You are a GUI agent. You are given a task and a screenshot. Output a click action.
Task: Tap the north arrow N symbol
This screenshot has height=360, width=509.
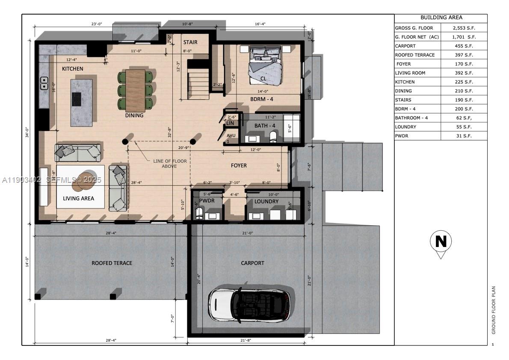pos(441,242)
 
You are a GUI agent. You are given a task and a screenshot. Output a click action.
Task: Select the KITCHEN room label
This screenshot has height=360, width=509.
pos(72,68)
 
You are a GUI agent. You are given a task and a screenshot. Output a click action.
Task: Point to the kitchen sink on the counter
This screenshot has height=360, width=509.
pos(43,83)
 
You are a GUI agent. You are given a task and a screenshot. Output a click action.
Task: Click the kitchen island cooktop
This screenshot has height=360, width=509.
pos(76,99)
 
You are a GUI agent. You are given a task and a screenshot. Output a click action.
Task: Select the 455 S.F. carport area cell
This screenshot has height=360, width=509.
pos(464,46)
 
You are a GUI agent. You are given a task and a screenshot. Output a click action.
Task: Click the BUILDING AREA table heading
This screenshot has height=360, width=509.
pos(441,18)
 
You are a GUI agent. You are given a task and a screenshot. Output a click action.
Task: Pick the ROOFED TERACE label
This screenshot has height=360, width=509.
pos(112,263)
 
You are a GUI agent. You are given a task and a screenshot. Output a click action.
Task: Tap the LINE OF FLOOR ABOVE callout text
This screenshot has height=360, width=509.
pos(169,164)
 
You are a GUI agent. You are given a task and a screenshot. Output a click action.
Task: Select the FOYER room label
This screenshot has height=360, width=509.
pos(239,165)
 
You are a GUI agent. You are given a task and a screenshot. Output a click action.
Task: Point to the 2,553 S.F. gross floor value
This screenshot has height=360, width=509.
pos(464,28)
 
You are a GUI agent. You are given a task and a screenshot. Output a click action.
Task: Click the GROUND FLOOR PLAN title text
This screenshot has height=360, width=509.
pos(493,310)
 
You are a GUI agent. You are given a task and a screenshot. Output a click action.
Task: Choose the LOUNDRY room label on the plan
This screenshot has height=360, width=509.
pos(266,201)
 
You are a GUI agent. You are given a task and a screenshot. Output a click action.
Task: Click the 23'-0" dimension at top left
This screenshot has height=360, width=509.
pos(97,24)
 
